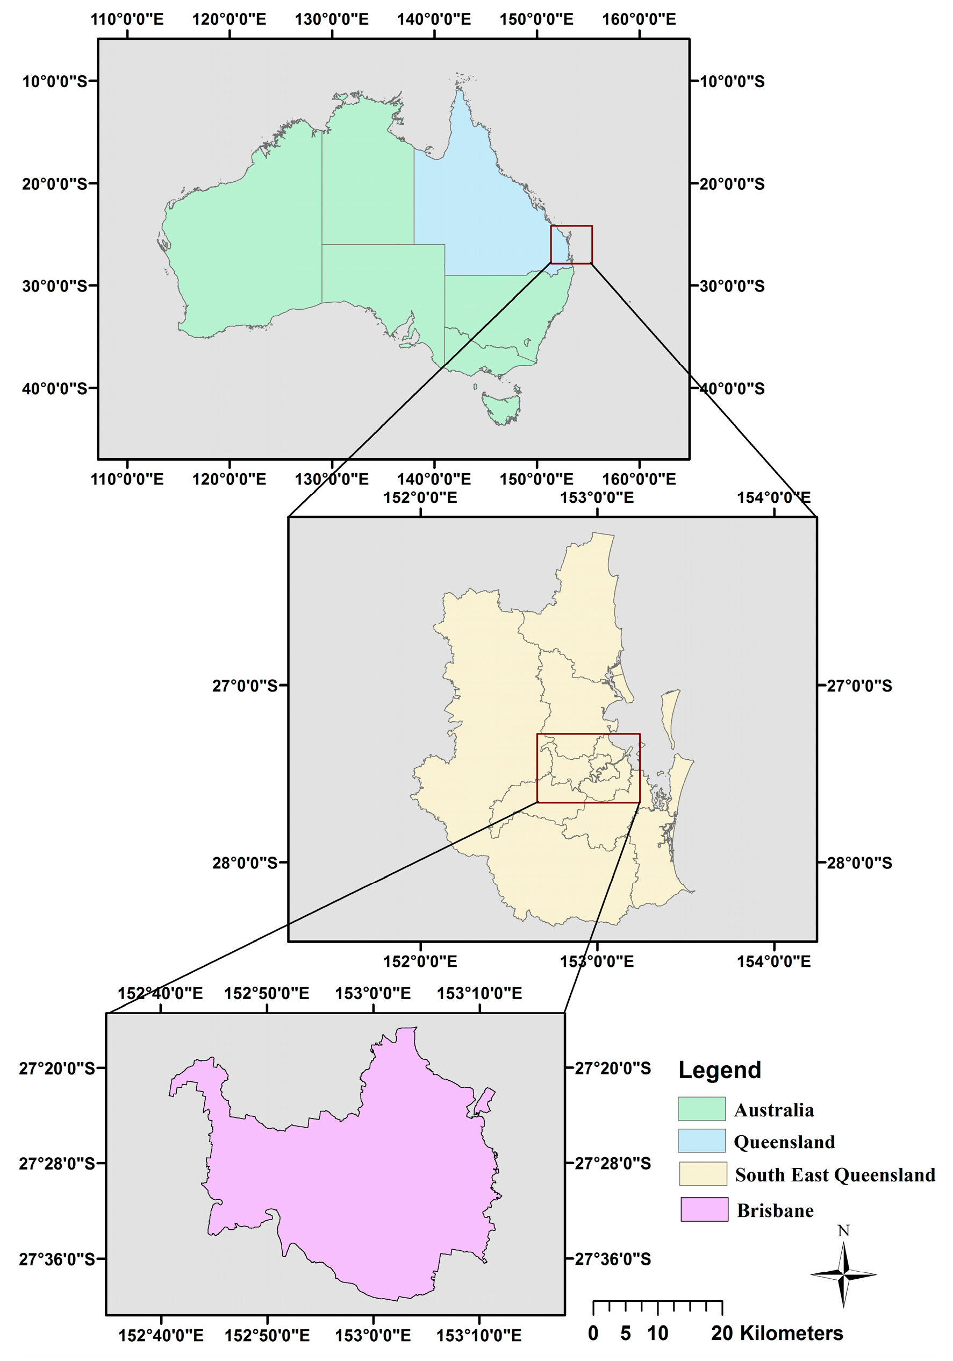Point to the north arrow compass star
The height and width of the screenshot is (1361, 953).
click(843, 1274)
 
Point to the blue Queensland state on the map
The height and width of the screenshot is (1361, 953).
click(480, 213)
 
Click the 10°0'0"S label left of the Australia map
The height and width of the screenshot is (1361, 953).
click(54, 81)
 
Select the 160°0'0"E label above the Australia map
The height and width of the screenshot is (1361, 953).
click(639, 19)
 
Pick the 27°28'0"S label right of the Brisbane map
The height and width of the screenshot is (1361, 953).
click(613, 1164)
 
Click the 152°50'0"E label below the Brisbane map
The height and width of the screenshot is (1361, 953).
click(267, 1336)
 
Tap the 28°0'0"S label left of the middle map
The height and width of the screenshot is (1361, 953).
click(245, 863)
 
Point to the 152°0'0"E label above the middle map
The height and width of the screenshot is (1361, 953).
click(420, 497)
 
